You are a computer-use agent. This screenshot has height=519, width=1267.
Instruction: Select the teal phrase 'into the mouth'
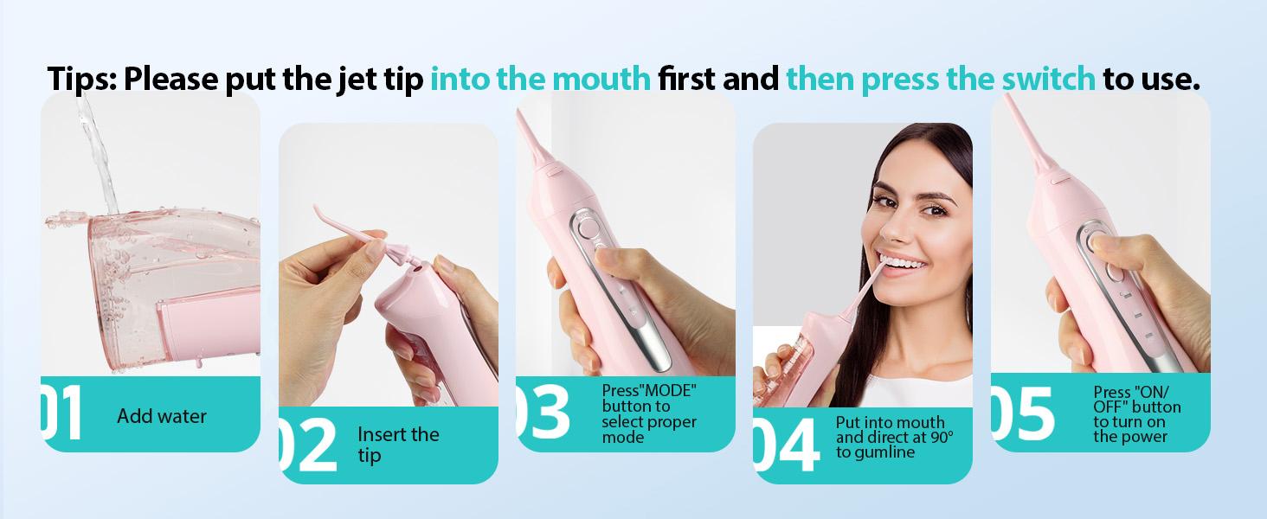pyautogui.click(x=540, y=79)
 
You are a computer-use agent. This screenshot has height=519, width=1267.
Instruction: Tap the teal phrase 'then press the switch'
pyautogui.click(x=940, y=79)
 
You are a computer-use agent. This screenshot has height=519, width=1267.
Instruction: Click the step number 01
pyautogui.click(x=61, y=413)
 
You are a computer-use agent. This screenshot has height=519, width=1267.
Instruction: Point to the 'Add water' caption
pyautogui.click(x=162, y=416)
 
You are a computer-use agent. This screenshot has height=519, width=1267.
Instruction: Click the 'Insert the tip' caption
pyautogui.click(x=397, y=444)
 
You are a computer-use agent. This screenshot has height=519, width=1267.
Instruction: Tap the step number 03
pyautogui.click(x=543, y=412)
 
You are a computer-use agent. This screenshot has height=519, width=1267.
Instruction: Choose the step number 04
pyautogui.click(x=785, y=445)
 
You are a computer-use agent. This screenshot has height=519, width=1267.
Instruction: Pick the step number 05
pyautogui.click(x=1023, y=413)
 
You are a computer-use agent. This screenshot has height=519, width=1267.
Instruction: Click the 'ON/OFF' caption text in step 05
pyautogui.click(x=1136, y=399)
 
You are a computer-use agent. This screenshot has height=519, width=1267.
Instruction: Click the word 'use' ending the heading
pyautogui.click(x=1166, y=79)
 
